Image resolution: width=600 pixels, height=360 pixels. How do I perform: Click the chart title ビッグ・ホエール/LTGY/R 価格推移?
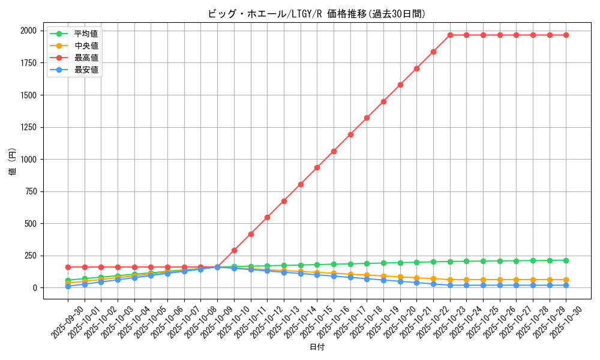pyautogui.click(x=316, y=14)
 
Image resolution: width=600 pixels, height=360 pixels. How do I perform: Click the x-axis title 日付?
pyautogui.click(x=317, y=347)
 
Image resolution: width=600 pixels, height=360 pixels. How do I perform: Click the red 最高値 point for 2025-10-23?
pyautogui.click(x=450, y=35)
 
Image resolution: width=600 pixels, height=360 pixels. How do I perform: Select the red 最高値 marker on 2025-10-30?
pyautogui.click(x=566, y=35)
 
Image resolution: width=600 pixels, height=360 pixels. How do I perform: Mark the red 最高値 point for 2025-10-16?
pyautogui.click(x=334, y=151)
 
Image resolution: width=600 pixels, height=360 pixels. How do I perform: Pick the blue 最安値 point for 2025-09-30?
pyautogui.click(x=68, y=286)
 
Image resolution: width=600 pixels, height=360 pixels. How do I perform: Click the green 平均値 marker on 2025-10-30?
pyautogui.click(x=566, y=260)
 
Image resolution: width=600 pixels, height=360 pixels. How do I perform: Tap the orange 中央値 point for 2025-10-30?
pyautogui.click(x=566, y=280)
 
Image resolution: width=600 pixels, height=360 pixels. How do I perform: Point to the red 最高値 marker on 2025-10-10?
pyautogui.click(x=234, y=250)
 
